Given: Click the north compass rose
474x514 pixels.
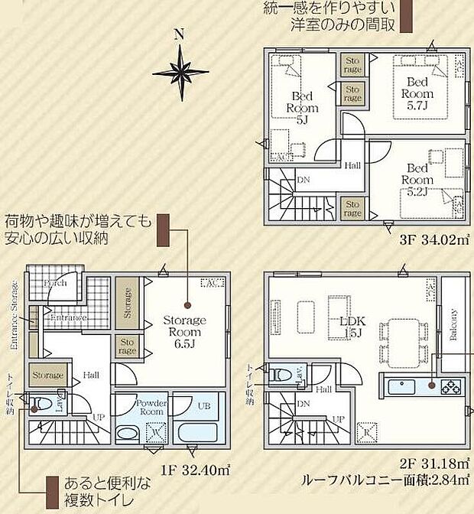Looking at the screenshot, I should point(180,71).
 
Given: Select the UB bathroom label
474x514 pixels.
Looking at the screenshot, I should point(203,405).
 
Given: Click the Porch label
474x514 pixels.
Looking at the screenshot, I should point(55,283).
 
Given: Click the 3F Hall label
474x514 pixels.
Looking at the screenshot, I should point(352,165).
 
